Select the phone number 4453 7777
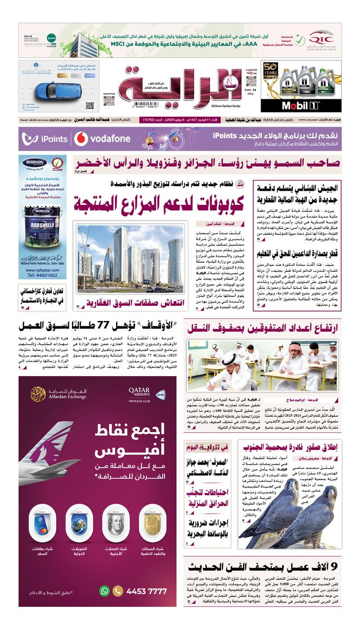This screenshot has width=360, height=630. pos(148,591)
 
